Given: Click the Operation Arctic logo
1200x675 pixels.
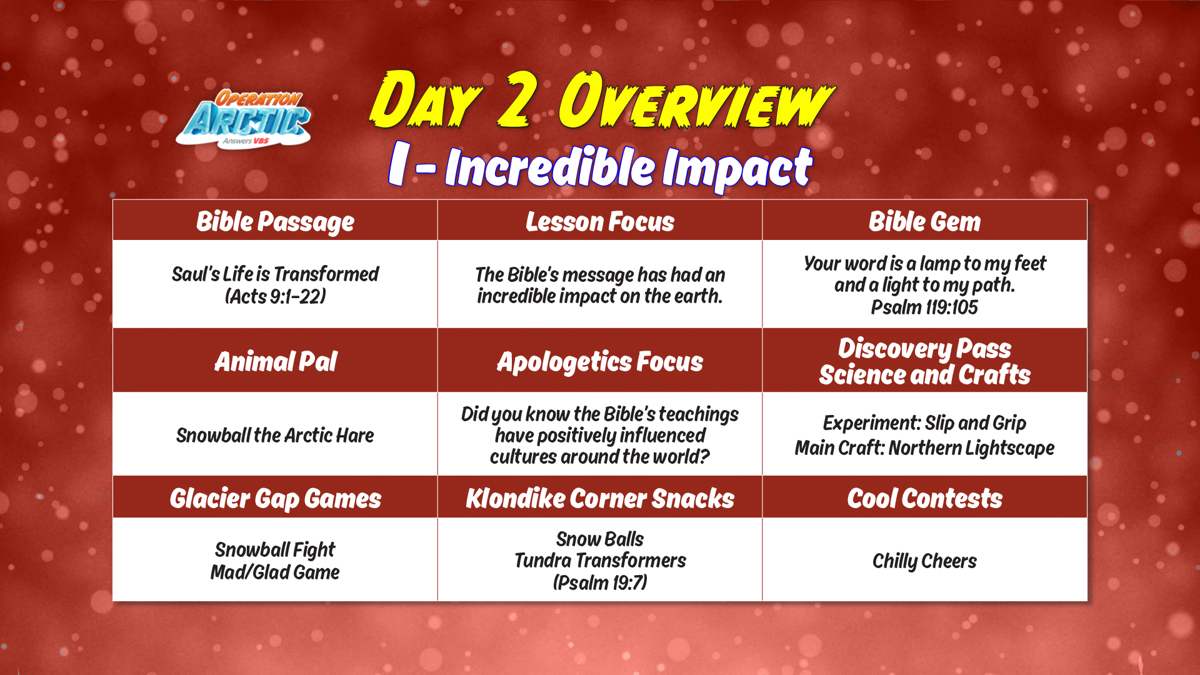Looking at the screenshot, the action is coord(244,119).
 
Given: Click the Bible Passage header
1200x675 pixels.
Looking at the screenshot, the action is coord(275,222).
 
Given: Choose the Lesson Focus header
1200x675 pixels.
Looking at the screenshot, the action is coord(600,222).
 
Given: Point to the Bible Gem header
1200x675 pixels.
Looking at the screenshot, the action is coord(924,222).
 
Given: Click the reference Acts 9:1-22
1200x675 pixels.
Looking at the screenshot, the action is coord(275,296).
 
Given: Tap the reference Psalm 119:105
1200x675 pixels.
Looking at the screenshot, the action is coord(924,307).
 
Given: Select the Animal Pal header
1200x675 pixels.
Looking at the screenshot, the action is coord(276,361).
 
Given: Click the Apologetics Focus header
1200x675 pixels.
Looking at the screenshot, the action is coord(600,362).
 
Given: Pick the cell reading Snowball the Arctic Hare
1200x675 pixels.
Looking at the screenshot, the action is coord(275,435).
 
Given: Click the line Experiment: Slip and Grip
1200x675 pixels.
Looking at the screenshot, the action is coord(924,423).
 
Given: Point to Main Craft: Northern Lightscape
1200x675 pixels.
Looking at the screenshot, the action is coord(924,448).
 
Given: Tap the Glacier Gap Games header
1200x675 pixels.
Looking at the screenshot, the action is coord(276,499).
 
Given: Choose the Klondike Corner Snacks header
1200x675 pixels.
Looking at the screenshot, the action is coord(600,499).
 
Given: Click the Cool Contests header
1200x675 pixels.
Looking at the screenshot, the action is coord(924,499).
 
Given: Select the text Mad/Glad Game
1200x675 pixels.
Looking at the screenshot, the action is coord(275,572).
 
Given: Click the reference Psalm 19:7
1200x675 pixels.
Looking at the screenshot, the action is coord(600,582).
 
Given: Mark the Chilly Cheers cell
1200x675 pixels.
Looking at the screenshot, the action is coord(924,561).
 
